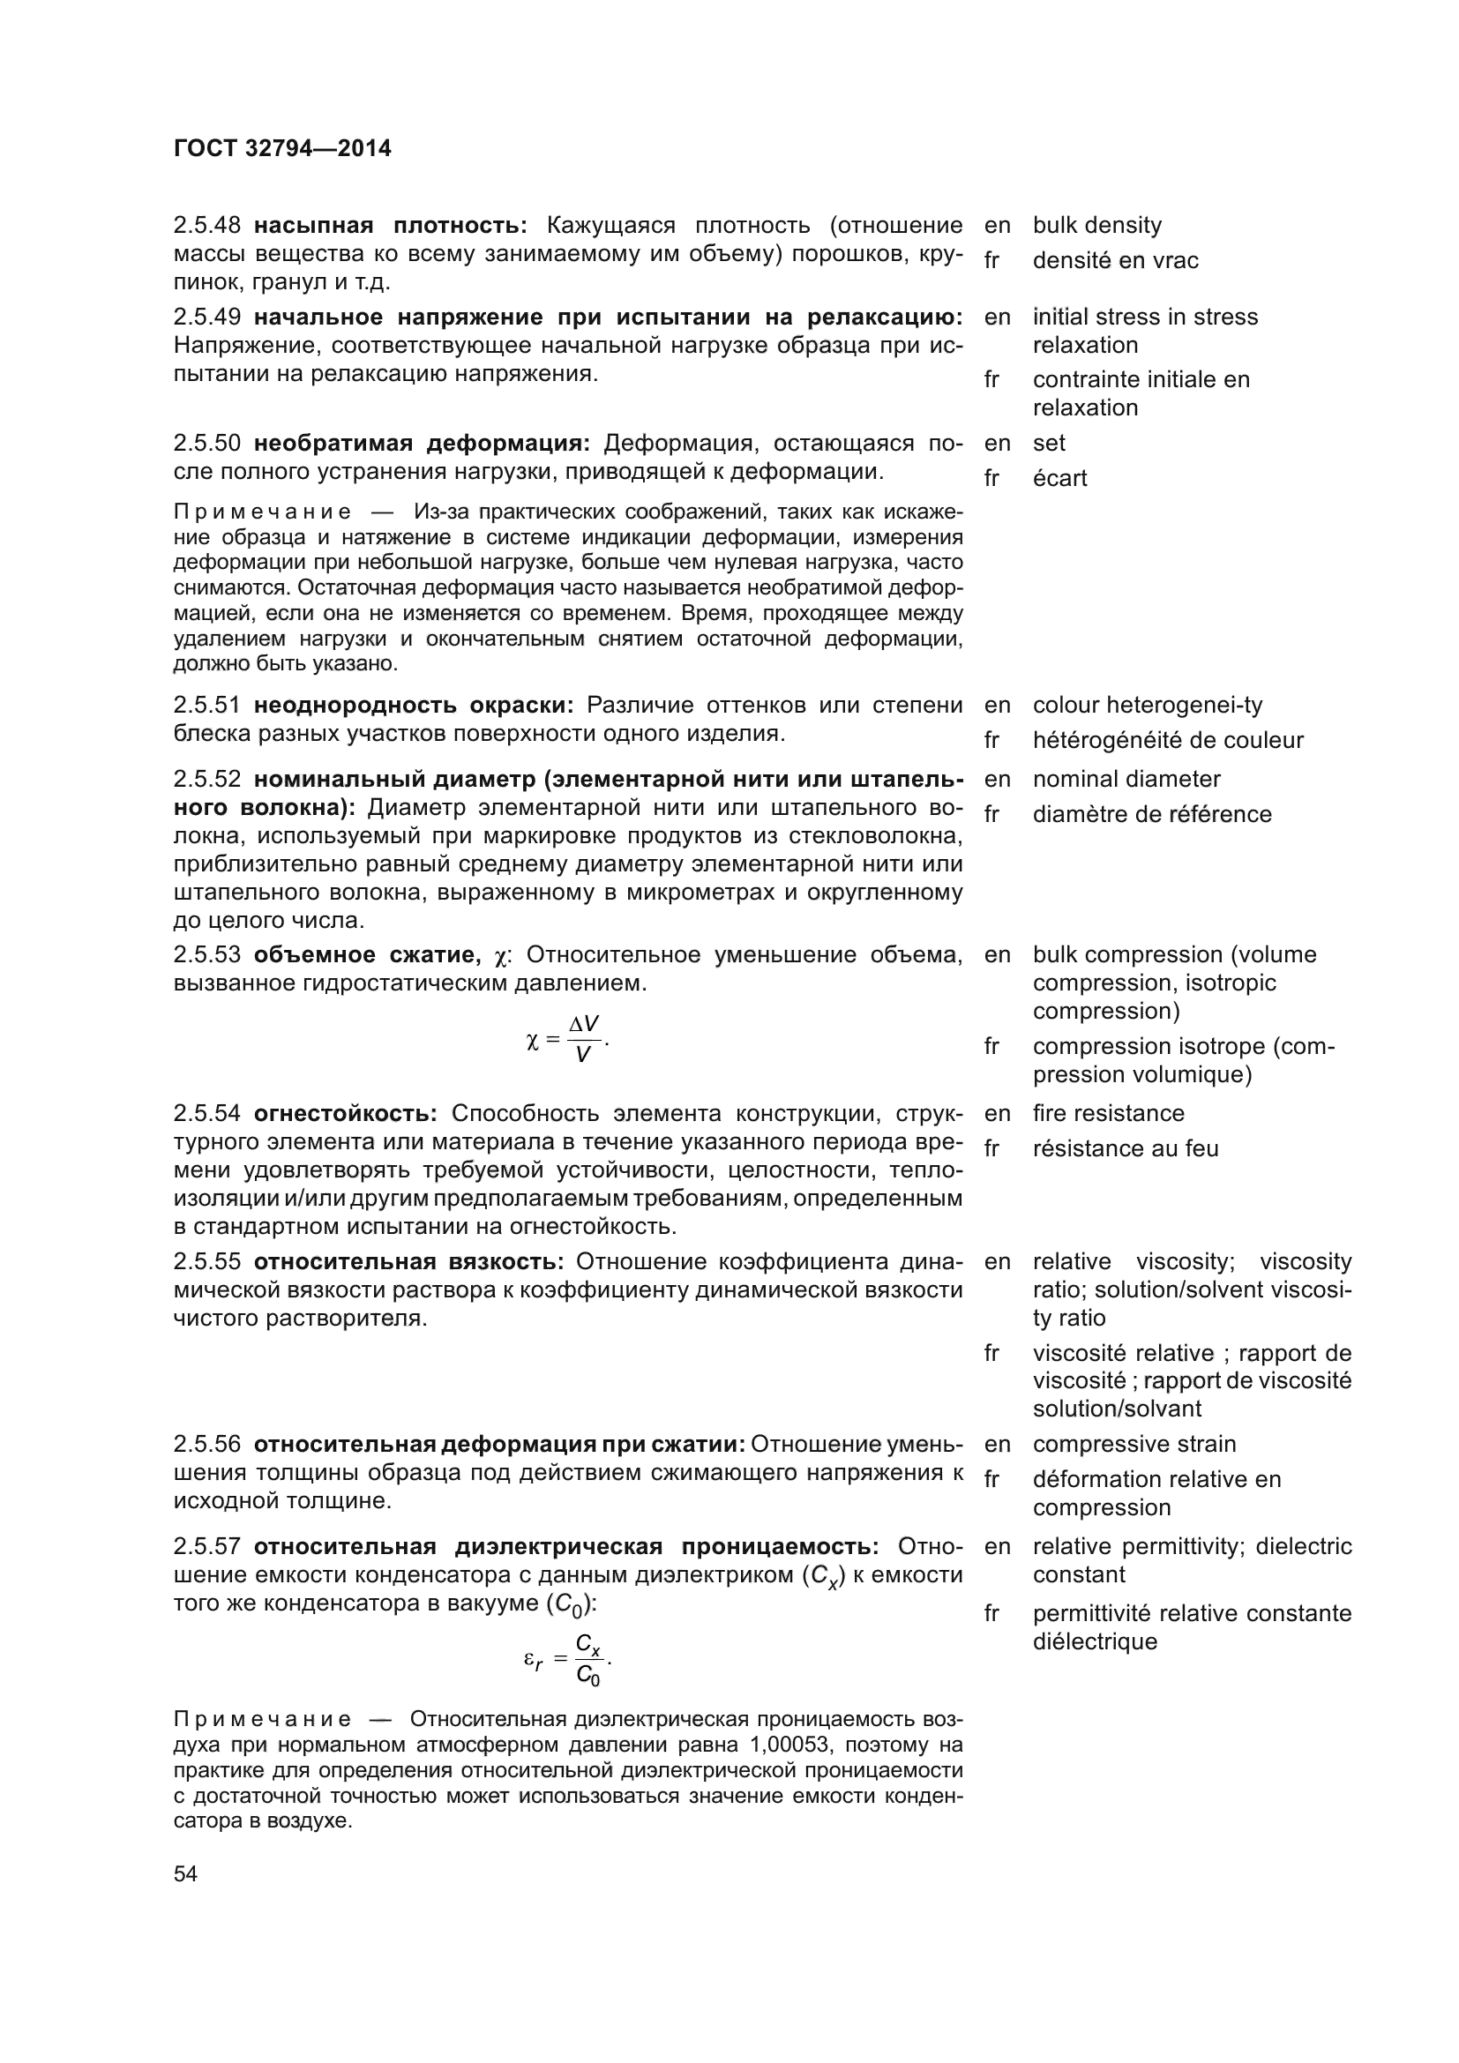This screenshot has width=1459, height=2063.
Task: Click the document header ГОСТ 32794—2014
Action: click(x=282, y=149)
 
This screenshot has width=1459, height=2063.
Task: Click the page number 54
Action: click(x=185, y=1873)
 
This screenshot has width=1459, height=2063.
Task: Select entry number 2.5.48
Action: click(x=206, y=226)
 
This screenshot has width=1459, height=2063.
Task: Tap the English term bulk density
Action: click(x=1097, y=226)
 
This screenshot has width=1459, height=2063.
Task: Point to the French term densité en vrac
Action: click(x=1115, y=260)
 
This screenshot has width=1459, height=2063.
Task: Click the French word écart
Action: click(x=1059, y=478)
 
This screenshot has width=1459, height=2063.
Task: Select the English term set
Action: click(x=1049, y=443)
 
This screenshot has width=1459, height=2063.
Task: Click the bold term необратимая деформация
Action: click(x=422, y=444)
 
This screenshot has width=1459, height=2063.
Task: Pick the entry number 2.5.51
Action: click(x=206, y=706)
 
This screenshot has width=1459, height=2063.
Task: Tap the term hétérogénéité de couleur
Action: click(x=1168, y=740)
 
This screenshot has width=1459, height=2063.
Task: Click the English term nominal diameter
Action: click(x=1126, y=779)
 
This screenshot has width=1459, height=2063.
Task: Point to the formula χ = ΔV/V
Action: click(x=568, y=1040)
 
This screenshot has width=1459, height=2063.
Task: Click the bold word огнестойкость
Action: click(x=345, y=1114)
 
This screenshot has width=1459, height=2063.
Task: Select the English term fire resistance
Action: click(x=1109, y=1114)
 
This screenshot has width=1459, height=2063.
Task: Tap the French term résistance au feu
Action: click(x=1126, y=1149)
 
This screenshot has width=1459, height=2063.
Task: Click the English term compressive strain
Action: click(x=1134, y=1444)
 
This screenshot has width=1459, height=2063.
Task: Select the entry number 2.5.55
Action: click(x=206, y=1262)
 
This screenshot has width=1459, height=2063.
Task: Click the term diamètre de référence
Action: click(x=1152, y=815)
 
